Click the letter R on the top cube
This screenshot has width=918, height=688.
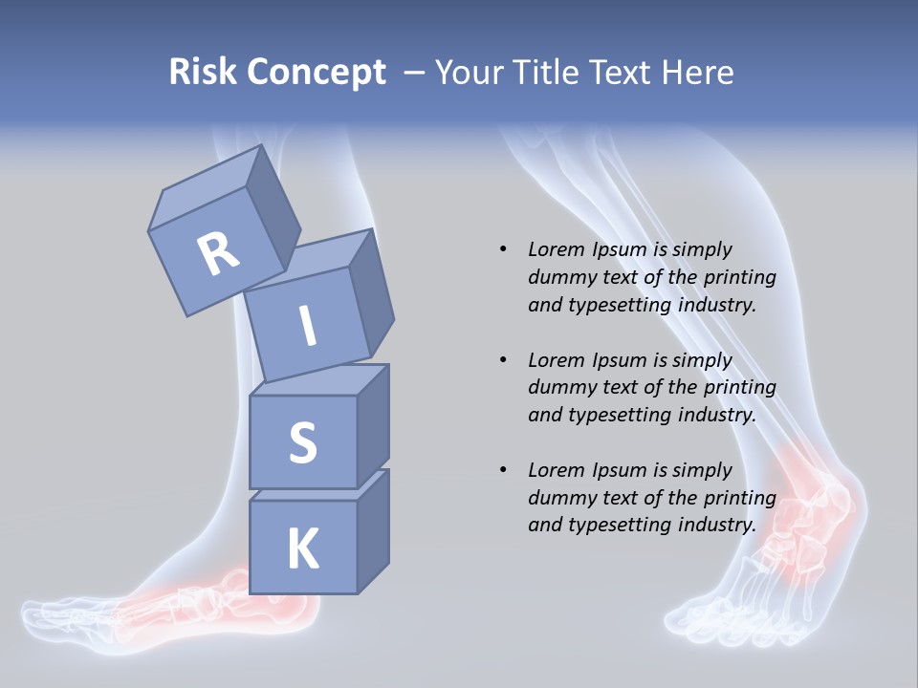(218, 253)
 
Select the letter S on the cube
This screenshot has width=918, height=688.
(302, 442)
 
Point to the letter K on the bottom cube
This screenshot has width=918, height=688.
(302, 549)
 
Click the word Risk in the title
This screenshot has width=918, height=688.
(203, 73)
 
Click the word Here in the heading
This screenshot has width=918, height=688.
(696, 73)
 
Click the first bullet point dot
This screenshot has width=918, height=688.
(503, 249)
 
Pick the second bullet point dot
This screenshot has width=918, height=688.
(503, 360)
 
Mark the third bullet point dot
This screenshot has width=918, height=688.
(503, 470)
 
